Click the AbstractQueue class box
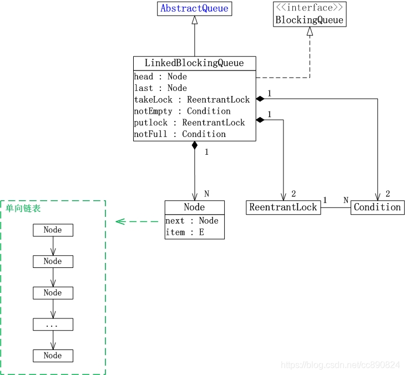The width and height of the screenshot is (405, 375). (194, 9)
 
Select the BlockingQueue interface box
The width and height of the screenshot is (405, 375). (310, 14)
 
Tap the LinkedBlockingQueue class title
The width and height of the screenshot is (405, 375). (194, 63)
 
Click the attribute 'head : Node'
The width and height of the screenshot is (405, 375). (160, 77)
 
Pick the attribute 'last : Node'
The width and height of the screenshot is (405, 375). (160, 88)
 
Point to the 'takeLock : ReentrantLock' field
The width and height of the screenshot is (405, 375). (191, 100)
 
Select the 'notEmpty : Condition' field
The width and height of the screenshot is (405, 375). (182, 111)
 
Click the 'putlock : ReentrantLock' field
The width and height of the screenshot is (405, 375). (189, 123)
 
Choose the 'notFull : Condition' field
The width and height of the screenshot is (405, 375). (180, 134)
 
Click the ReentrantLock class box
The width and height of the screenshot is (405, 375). (283, 207)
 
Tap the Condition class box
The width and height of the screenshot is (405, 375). (377, 207)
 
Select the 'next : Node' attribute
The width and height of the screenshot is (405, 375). (192, 221)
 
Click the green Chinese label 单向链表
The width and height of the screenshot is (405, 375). (23, 209)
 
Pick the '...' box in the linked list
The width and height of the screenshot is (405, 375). (53, 325)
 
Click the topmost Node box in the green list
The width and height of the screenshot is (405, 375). (53, 230)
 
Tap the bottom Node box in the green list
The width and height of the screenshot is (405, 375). (53, 356)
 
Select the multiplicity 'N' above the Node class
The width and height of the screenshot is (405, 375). (206, 194)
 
